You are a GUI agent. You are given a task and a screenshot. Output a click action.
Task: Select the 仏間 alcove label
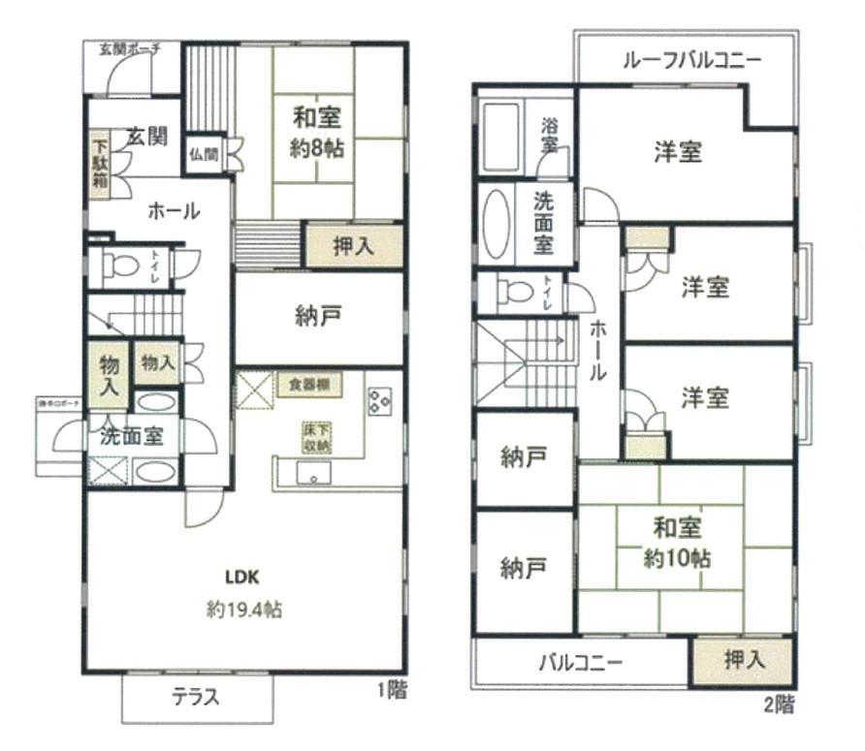coord(204,153)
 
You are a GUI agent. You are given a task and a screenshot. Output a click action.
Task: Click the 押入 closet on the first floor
coord(353,246)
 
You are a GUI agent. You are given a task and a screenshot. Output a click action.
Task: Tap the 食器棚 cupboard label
coord(308,384)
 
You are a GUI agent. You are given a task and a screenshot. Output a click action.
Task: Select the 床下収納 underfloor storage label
coord(315,437)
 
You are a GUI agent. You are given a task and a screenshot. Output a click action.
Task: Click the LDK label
coord(241,577)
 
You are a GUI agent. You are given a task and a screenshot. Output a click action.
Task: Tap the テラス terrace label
coord(196,696)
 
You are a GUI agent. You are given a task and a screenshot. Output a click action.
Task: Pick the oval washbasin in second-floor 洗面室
coord(496,222)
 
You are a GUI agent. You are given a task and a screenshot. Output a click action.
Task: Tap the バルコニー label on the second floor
coord(580,665)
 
